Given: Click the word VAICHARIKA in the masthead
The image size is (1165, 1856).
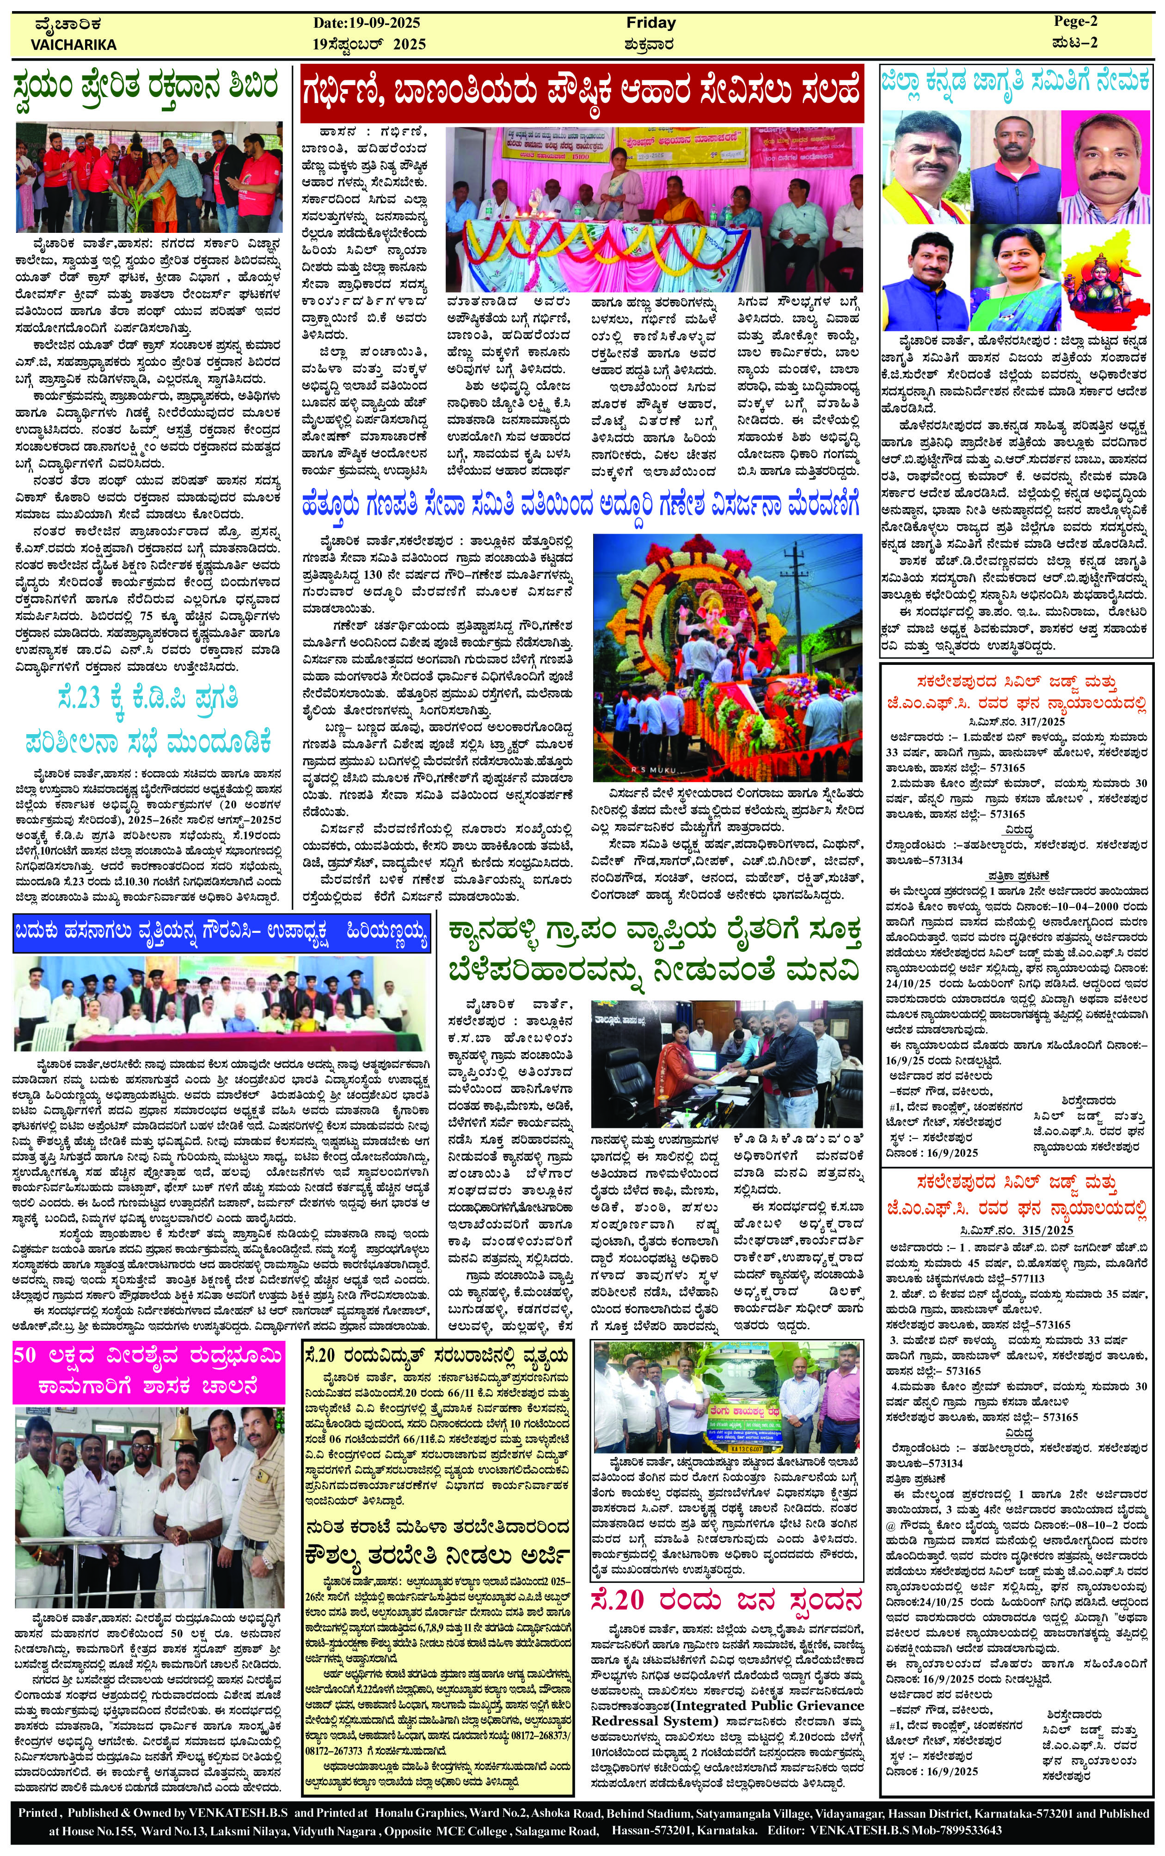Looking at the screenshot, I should click(x=74, y=45).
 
